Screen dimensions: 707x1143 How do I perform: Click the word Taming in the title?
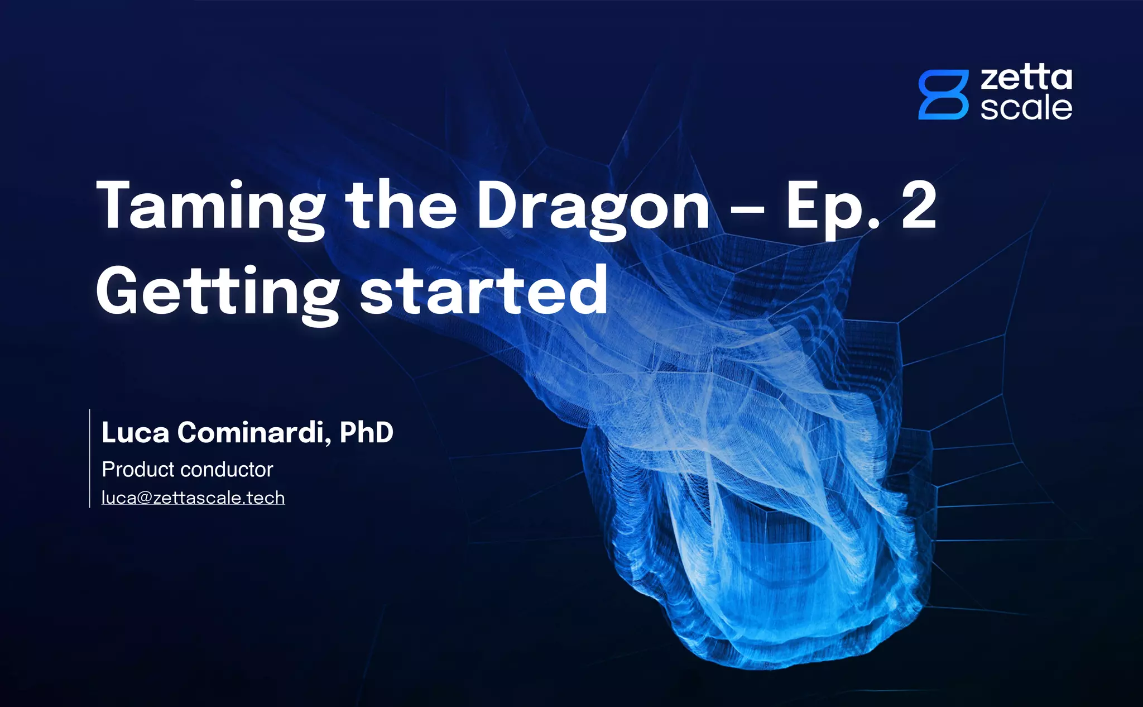(210, 207)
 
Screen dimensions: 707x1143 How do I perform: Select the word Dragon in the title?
(593, 207)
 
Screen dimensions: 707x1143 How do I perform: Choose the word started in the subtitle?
(483, 292)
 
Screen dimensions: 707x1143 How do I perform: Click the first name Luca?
(135, 433)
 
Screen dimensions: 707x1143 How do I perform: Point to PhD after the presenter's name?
(366, 433)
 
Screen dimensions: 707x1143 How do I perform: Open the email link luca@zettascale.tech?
(193, 498)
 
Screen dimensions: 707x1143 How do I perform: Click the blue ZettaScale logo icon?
(943, 95)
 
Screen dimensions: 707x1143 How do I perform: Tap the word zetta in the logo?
(1026, 79)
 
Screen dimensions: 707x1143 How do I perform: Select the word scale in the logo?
(1026, 108)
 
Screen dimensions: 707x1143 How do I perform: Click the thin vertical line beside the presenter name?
(90, 458)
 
